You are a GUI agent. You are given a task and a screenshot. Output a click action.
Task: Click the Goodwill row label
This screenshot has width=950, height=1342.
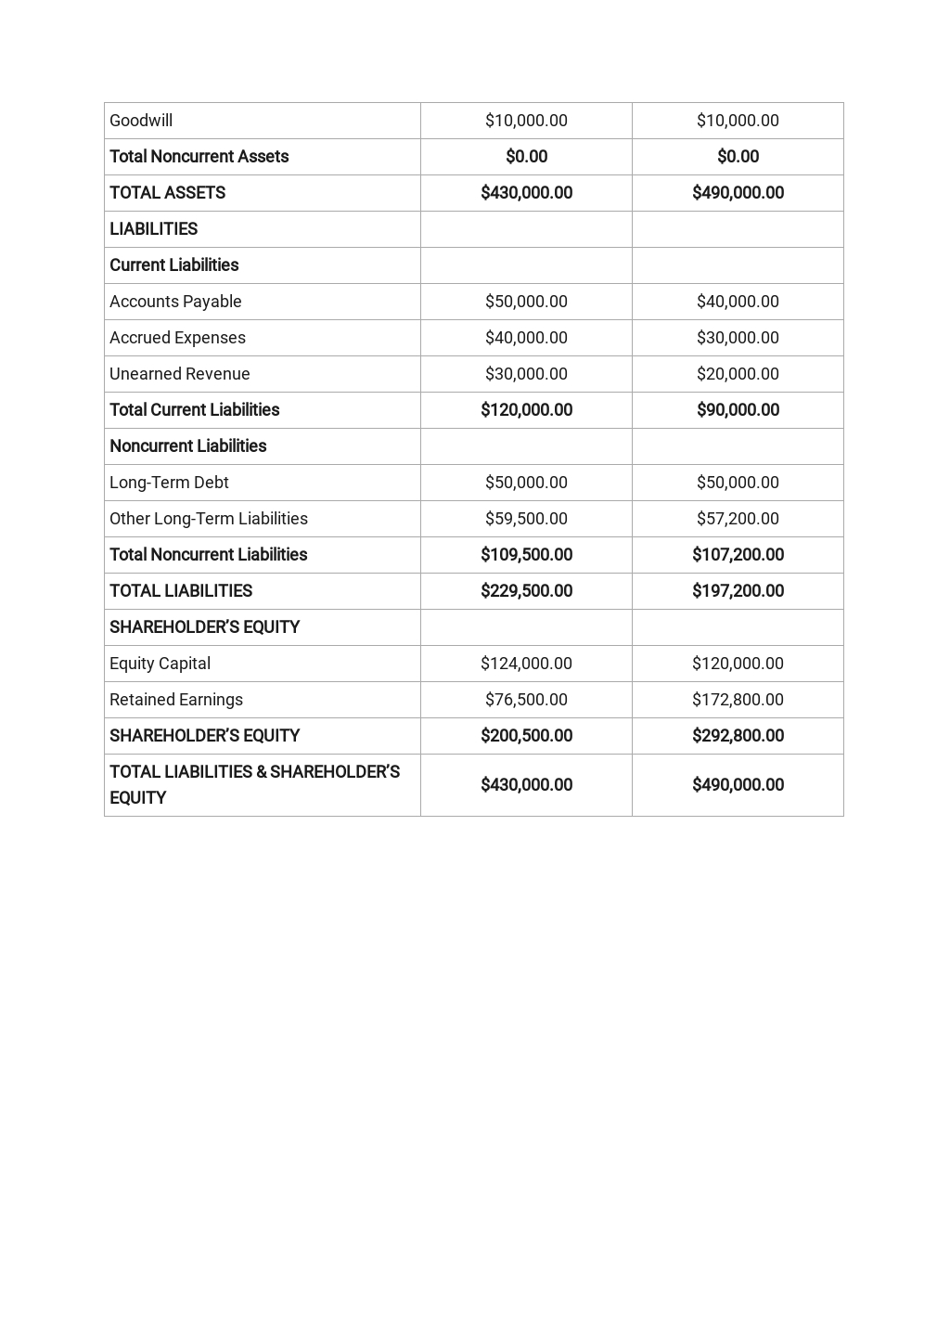pyautogui.click(x=141, y=121)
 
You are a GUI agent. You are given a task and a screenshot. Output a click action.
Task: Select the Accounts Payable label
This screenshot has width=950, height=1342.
pyautogui.click(x=175, y=302)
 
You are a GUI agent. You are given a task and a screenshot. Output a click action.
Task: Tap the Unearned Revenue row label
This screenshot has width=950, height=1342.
pyautogui.click(x=180, y=374)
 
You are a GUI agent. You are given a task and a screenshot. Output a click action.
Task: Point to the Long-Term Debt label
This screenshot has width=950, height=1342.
pyautogui.click(x=169, y=483)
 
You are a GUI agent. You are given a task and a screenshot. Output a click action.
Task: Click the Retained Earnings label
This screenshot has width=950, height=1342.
pyautogui.click(x=176, y=700)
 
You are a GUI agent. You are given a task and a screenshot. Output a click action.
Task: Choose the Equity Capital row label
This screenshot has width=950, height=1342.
pyautogui.click(x=160, y=664)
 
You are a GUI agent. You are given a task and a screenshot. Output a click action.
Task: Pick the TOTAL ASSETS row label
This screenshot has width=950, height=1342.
pyautogui.click(x=167, y=193)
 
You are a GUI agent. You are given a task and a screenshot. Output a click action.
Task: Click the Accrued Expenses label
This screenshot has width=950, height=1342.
pyautogui.click(x=177, y=338)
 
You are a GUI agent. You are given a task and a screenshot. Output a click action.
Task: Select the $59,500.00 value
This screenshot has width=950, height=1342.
pyautogui.click(x=526, y=519)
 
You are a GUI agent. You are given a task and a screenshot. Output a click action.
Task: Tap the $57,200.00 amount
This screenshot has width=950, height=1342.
pyautogui.click(x=738, y=519)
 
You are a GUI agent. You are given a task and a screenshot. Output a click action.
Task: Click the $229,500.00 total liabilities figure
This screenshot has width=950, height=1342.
pyautogui.click(x=526, y=591)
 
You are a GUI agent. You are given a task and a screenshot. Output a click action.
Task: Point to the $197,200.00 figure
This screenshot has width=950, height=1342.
pyautogui.click(x=738, y=591)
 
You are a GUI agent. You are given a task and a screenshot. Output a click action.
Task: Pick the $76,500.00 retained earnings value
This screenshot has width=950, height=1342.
pyautogui.click(x=526, y=700)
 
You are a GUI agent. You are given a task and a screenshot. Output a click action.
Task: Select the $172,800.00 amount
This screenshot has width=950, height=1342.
pyautogui.click(x=738, y=700)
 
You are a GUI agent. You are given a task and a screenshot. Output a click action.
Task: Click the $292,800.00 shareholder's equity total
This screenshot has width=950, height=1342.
pyautogui.click(x=738, y=736)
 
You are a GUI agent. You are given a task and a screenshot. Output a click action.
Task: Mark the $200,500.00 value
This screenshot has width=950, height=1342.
pyautogui.click(x=526, y=736)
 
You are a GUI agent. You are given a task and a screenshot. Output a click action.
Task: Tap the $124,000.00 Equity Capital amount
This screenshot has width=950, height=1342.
pyautogui.click(x=526, y=664)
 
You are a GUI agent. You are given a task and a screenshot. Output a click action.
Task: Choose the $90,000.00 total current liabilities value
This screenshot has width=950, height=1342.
pyautogui.click(x=738, y=410)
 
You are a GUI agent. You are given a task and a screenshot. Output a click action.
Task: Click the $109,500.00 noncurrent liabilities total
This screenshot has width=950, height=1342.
pyautogui.click(x=526, y=555)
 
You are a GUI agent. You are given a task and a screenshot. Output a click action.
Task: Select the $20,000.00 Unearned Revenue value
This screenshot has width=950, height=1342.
pyautogui.click(x=738, y=374)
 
